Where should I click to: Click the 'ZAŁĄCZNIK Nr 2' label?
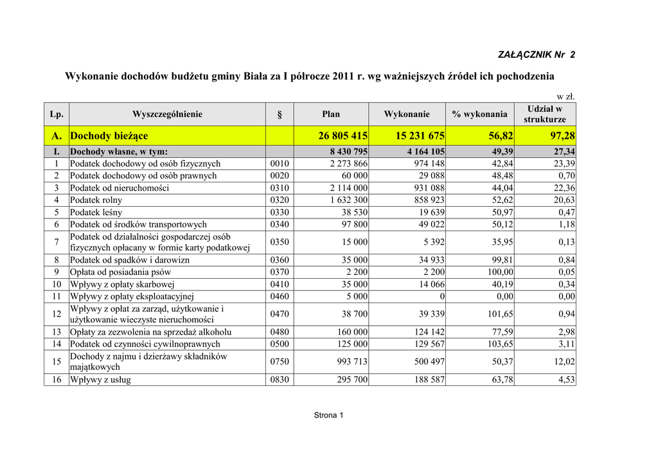[x=537, y=54]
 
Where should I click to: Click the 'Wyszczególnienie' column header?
[x=167, y=114]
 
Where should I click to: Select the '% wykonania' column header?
[x=479, y=114]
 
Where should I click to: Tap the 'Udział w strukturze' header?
[x=545, y=114]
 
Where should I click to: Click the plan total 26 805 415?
[x=342, y=136]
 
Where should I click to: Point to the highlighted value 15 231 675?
[x=416, y=136]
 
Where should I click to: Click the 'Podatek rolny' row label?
[x=96, y=200]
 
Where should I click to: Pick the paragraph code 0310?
[x=280, y=188]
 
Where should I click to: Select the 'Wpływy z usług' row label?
[x=100, y=380]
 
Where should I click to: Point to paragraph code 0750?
[x=280, y=362]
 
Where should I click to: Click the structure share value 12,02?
[x=565, y=362]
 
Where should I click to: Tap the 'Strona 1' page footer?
[x=328, y=415]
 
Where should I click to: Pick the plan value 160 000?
[x=352, y=332]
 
